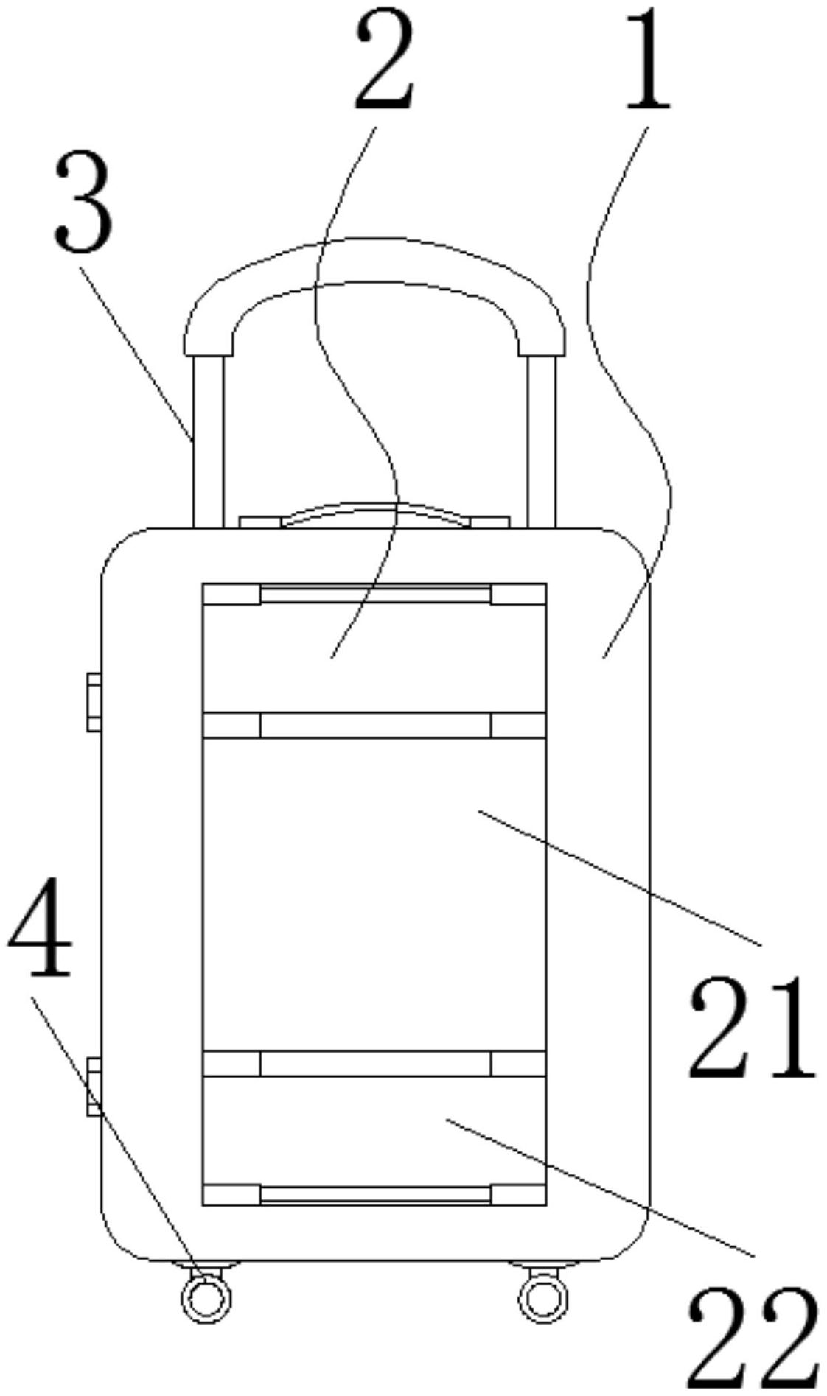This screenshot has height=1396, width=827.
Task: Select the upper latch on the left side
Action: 94,702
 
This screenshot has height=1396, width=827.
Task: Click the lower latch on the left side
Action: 94,1087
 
